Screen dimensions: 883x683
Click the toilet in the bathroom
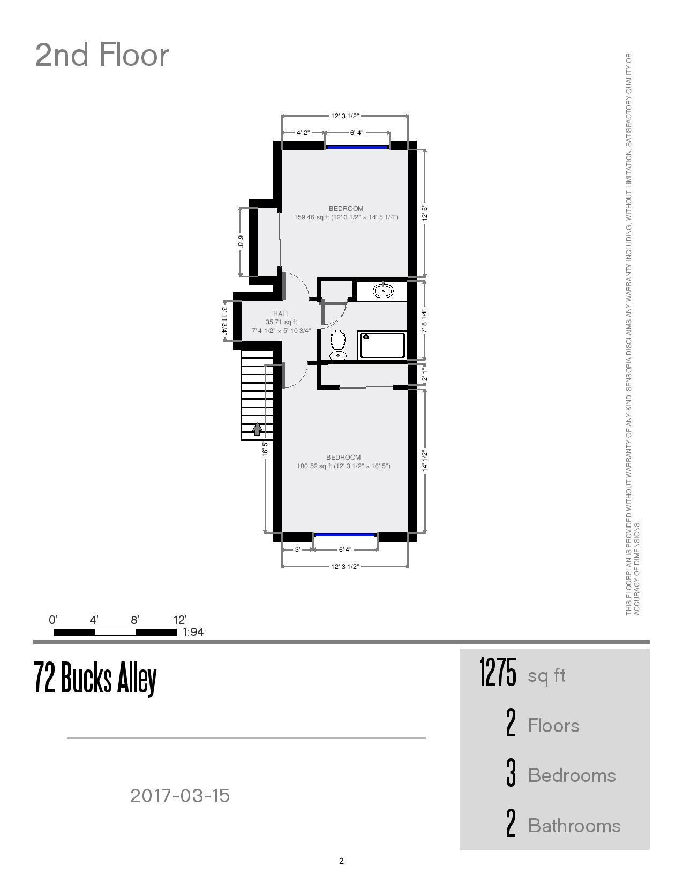pyautogui.click(x=337, y=344)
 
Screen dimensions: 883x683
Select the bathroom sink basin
pyautogui.click(x=383, y=291)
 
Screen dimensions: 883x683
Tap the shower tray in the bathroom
pyautogui.click(x=382, y=345)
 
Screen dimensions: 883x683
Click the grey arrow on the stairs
pyautogui.click(x=258, y=428)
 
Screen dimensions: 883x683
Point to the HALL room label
pyautogui.click(x=281, y=314)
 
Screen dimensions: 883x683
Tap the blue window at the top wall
pyautogui.click(x=357, y=147)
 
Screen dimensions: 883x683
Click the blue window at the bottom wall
pyautogui.click(x=345, y=535)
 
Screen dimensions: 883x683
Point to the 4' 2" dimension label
pyautogui.click(x=303, y=133)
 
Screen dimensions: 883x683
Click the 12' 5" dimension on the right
pyautogui.click(x=425, y=213)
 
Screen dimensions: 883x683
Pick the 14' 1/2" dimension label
pyautogui.click(x=425, y=461)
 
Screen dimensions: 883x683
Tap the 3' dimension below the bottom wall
pyautogui.click(x=297, y=550)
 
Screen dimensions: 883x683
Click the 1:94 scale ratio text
pyautogui.click(x=193, y=632)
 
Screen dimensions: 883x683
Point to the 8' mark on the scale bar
pyautogui.click(x=136, y=620)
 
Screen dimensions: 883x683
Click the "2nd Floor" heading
pyautogui.click(x=102, y=55)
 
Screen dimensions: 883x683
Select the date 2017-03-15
pyautogui.click(x=180, y=796)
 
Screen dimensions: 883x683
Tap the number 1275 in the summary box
pyautogui.click(x=498, y=673)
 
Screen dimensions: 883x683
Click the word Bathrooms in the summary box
pyautogui.click(x=574, y=826)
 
